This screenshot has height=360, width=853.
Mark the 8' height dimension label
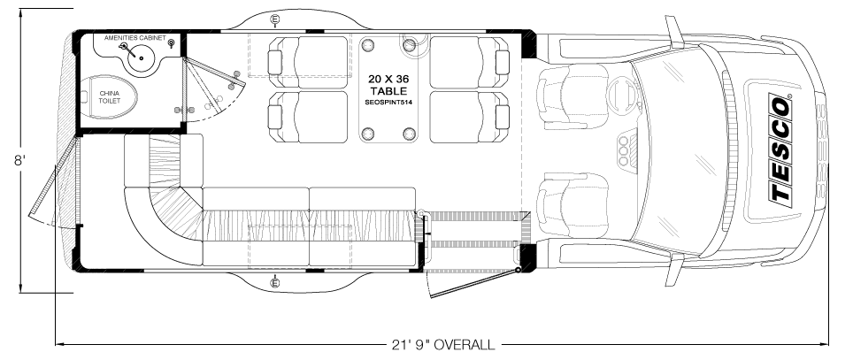[19, 162]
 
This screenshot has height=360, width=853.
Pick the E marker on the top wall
[275, 19]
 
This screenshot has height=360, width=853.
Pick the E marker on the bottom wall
[275, 282]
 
